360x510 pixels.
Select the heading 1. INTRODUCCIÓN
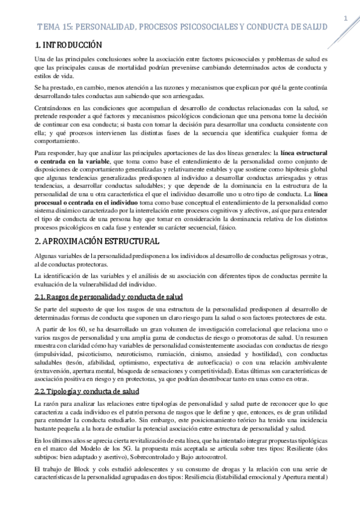[x=68, y=45]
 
